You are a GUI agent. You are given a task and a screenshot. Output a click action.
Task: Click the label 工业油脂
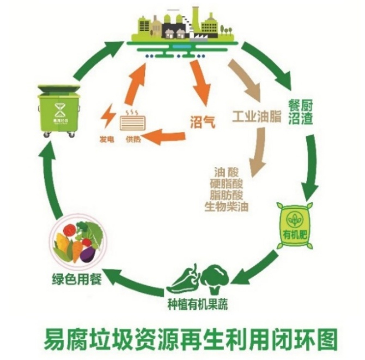click(x=256, y=117)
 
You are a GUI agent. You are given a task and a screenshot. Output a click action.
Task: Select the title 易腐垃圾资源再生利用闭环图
click(x=191, y=337)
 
